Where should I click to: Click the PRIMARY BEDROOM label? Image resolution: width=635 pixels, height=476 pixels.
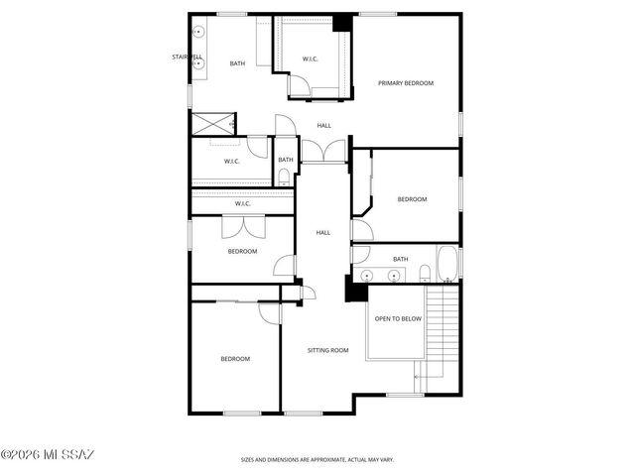point(406,83)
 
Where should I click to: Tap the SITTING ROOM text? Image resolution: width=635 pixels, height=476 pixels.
point(327,350)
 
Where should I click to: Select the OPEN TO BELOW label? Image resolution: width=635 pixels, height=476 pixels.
point(397,318)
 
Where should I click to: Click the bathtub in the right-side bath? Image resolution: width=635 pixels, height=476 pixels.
point(446,265)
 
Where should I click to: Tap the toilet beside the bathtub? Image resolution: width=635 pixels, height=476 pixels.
point(425,273)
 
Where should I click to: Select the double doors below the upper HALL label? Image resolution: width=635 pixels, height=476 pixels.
point(323,151)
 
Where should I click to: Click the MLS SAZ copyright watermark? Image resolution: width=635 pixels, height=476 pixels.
point(48,455)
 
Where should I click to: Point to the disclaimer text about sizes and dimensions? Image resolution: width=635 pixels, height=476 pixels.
point(317,460)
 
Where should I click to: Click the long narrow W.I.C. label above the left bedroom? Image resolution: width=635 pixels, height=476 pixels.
point(242,204)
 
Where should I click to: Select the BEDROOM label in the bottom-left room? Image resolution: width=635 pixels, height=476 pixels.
point(235,358)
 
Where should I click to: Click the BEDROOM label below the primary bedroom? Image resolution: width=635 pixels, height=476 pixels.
point(412,199)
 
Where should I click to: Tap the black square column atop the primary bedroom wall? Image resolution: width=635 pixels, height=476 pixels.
point(342,22)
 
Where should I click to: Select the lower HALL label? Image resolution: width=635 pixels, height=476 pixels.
point(323,232)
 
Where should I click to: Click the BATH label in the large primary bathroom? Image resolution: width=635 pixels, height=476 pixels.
point(237,63)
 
